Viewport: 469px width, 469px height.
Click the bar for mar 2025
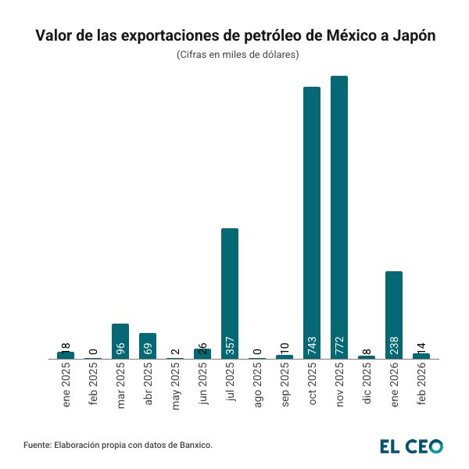[x=120, y=341]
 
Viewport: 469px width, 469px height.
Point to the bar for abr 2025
[x=148, y=345]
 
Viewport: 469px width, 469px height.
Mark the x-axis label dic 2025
[x=367, y=385]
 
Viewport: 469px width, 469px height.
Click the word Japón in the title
[x=408, y=36]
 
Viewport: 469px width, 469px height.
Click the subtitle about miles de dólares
[x=234, y=55]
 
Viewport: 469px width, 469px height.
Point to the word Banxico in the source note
[x=192, y=445]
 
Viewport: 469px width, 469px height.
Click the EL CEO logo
[x=411, y=446]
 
